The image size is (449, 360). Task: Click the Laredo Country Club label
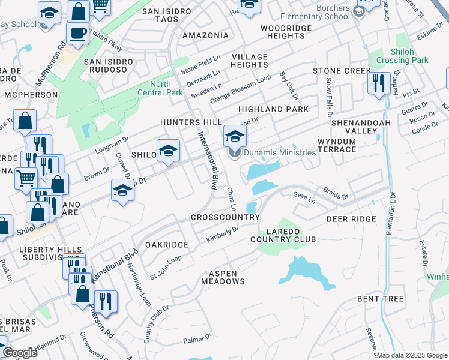(x=283, y=234)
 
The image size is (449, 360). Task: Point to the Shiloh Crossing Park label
(x=408, y=56)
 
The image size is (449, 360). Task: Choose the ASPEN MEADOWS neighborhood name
(x=223, y=277)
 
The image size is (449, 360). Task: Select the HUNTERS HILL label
(x=187, y=122)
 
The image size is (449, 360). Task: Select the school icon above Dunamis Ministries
(x=235, y=136)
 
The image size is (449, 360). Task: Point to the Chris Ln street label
(x=231, y=198)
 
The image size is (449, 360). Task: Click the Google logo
(x=20, y=353)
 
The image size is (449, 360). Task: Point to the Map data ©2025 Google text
(x=412, y=355)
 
